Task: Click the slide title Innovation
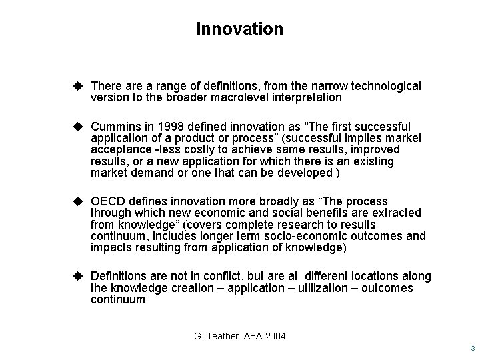(x=240, y=29)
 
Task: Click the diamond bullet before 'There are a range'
(x=78, y=86)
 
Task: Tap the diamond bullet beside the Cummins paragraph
(x=78, y=126)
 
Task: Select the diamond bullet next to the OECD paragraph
(x=78, y=201)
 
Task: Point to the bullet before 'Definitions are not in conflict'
(x=78, y=276)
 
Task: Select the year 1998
(x=165, y=127)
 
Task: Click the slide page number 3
(x=471, y=349)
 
